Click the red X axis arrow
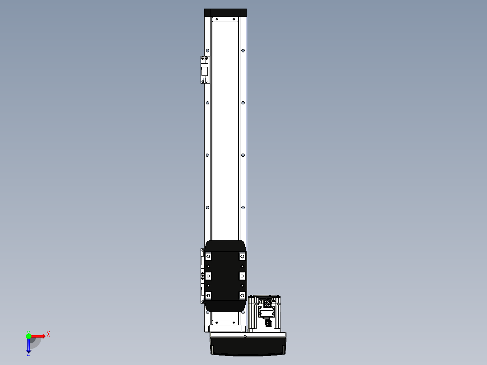(38, 336)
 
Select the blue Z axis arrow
(28, 346)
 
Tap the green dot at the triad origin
(28, 336)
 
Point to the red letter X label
(48, 334)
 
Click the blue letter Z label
(28, 355)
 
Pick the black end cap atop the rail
(225, 13)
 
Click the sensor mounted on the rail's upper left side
(205, 70)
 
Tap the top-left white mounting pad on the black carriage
(208, 257)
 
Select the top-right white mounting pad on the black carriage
(242, 257)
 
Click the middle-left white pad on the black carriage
(208, 276)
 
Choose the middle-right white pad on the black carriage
(242, 276)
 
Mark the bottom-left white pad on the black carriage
(208, 295)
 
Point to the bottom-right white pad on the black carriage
(242, 295)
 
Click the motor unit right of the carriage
(265, 313)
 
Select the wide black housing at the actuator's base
(248, 346)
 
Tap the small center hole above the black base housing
(245, 336)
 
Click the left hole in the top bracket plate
(216, 19)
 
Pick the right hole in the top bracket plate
(234, 19)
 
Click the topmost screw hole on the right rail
(243, 51)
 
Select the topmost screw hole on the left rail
(207, 51)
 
